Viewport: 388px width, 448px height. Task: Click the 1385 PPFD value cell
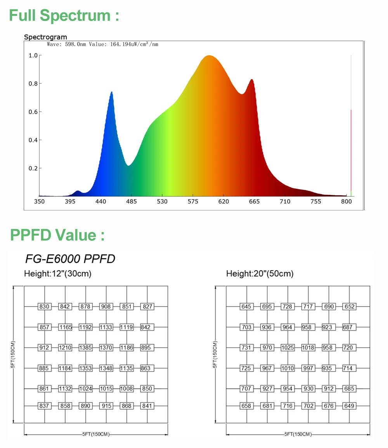(85, 348)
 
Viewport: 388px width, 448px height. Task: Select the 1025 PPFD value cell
(288, 348)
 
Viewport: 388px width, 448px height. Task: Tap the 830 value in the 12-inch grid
(45, 307)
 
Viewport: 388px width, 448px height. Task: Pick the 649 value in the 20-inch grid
(350, 406)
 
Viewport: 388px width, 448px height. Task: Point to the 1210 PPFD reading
(65, 348)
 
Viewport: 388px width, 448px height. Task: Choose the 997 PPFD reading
(308, 368)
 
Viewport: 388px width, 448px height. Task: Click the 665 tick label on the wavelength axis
(254, 202)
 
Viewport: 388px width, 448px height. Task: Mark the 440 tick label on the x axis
(100, 202)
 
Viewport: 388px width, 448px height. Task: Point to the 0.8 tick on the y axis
(33, 84)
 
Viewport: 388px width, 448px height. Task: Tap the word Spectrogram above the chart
(45, 37)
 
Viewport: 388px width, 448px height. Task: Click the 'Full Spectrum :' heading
(64, 16)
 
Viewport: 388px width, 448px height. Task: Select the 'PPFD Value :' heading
(57, 235)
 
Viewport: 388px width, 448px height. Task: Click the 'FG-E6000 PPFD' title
(70, 258)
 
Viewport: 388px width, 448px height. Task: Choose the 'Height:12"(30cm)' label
(58, 274)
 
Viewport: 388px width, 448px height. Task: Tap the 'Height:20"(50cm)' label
(260, 274)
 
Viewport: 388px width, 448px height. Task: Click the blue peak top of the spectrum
(112, 93)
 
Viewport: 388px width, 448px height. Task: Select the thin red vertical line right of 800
(351, 151)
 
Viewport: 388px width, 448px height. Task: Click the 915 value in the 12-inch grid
(106, 406)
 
